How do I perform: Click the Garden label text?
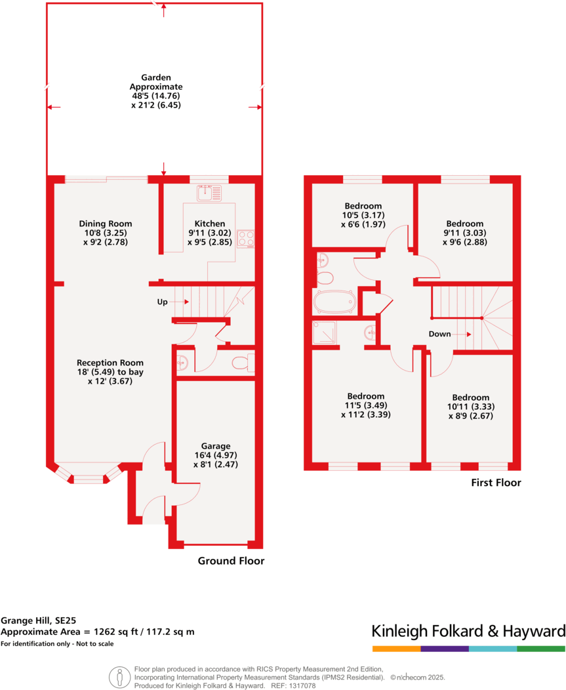click(155, 77)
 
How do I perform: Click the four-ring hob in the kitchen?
click(246, 239)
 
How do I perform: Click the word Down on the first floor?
click(439, 334)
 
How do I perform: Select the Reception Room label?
click(110, 363)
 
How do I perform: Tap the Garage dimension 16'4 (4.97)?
click(216, 455)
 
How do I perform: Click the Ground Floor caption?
click(231, 561)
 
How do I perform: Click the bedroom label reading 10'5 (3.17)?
click(361, 215)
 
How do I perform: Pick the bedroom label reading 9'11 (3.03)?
click(464, 232)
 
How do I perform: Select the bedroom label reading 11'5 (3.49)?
click(365, 405)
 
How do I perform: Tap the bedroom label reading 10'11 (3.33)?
click(470, 406)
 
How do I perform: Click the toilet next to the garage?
click(243, 363)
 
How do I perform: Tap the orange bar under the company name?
click(396, 649)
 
